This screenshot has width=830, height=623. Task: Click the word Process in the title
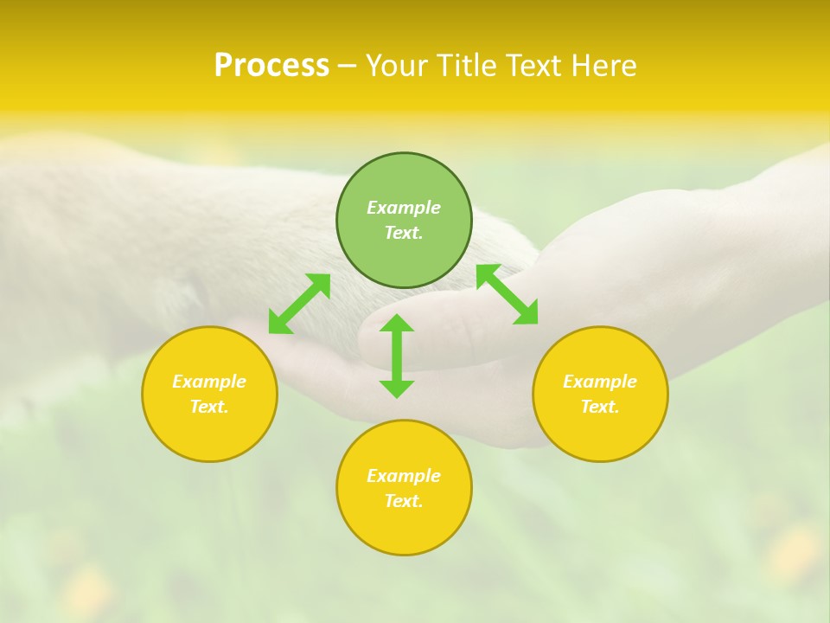pyautogui.click(x=271, y=66)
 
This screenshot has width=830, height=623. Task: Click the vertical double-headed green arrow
pyautogui.click(x=397, y=356)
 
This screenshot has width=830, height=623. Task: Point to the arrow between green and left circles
pyautogui.click(x=299, y=304)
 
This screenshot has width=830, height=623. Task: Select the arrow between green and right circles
pyautogui.click(x=508, y=294)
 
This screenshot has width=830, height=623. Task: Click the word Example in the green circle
pyautogui.click(x=404, y=208)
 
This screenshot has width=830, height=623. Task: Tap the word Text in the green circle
pyautogui.click(x=404, y=233)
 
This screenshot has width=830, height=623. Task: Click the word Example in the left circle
pyautogui.click(x=209, y=382)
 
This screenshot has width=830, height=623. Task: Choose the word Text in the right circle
pyautogui.click(x=600, y=407)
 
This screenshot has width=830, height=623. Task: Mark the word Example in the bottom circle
pyautogui.click(x=404, y=476)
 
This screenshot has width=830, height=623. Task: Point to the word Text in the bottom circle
pyautogui.click(x=404, y=501)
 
